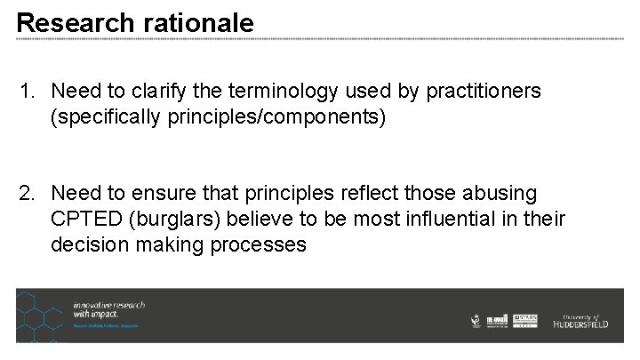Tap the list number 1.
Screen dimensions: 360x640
28,92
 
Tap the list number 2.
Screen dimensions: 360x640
28,194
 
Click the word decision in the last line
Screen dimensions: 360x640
86,244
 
